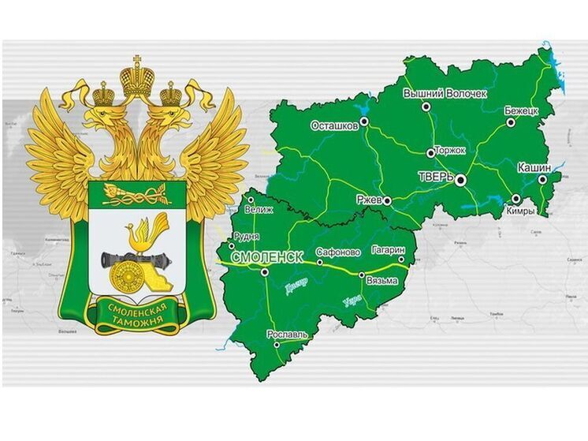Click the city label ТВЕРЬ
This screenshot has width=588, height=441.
[x=435, y=177]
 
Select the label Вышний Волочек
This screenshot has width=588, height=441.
[x=445, y=93]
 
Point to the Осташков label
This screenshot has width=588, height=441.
[x=335, y=125]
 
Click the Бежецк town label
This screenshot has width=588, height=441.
[x=521, y=111]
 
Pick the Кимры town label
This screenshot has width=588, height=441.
[x=521, y=211]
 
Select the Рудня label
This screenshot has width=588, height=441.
[x=249, y=235]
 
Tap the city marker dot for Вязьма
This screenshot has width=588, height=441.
[x=362, y=275]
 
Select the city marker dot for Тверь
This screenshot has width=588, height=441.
[x=461, y=180]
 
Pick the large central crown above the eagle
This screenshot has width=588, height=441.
[x=136, y=77]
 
